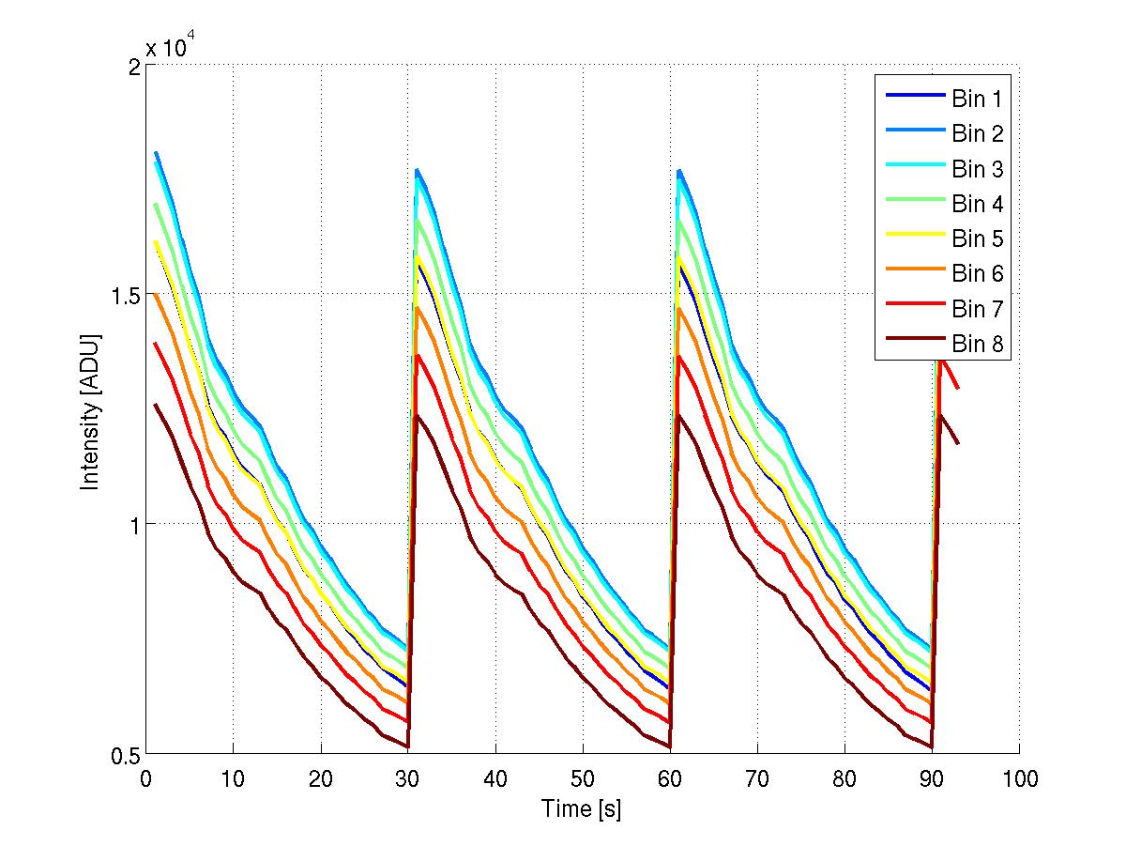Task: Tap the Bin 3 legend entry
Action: [x=977, y=170]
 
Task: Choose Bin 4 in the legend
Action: [x=977, y=205]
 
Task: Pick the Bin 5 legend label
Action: [x=977, y=239]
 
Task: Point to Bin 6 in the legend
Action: [x=977, y=274]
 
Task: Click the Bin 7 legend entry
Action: [x=977, y=309]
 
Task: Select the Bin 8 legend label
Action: [x=977, y=345]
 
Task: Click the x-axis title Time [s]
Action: [x=581, y=808]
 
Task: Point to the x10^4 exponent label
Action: [x=171, y=46]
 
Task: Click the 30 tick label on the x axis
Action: [x=408, y=778]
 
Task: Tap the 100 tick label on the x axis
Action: [x=1019, y=778]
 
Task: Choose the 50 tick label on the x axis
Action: [x=583, y=778]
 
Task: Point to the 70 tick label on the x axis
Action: [x=757, y=778]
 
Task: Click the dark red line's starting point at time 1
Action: [x=155, y=405]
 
